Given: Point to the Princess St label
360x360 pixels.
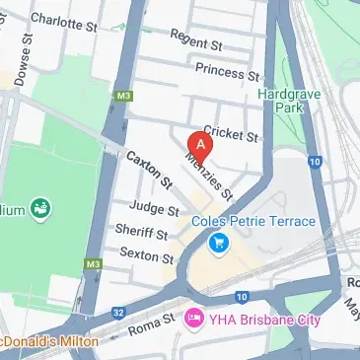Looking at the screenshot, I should coord(227,71).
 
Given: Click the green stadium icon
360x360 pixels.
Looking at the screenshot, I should coord(41,209).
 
